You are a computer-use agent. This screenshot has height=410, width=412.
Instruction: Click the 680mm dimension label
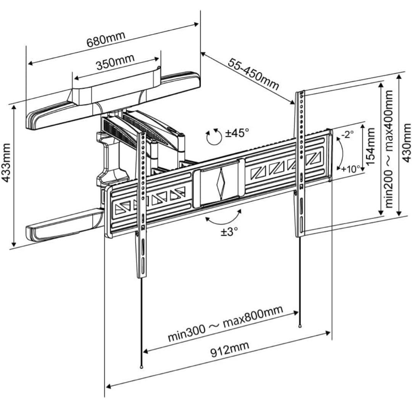click(x=106, y=37)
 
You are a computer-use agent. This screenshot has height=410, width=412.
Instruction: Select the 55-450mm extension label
click(x=254, y=74)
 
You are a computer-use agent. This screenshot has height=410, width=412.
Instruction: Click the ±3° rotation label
click(x=229, y=231)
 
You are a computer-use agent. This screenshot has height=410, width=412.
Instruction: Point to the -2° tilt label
click(x=348, y=134)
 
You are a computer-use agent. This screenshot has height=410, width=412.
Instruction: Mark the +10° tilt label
click(x=350, y=169)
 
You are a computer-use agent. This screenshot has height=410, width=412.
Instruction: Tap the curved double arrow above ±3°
click(x=223, y=218)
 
